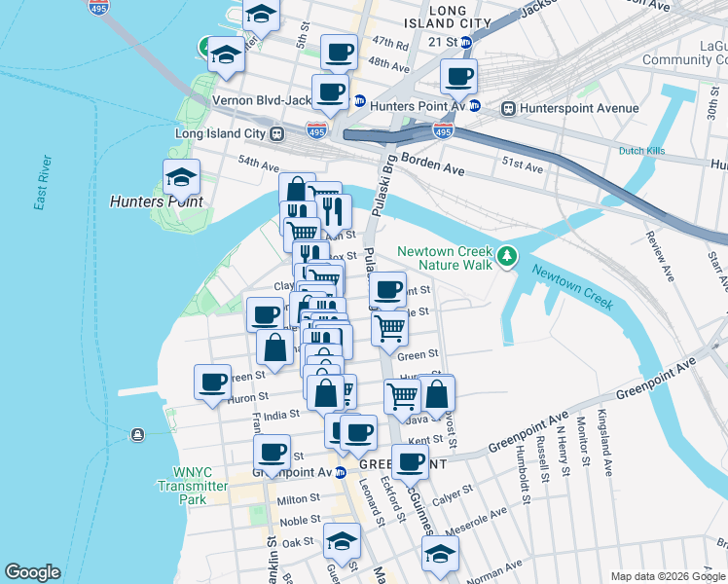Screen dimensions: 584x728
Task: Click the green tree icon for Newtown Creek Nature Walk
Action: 506,257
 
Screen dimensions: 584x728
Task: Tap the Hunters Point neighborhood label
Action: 157,201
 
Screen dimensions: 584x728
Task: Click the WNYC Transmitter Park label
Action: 193,485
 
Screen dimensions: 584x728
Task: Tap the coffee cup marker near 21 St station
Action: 458,76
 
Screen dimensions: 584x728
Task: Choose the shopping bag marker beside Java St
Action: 438,394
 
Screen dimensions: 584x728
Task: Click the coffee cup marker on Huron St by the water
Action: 211,383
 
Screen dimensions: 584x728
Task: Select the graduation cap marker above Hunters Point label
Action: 181,177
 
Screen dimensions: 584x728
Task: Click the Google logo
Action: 33,572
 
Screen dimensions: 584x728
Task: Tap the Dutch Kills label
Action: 640,151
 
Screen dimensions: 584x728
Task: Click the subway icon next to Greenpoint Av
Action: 341,473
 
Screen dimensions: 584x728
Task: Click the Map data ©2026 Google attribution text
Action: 667,576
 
